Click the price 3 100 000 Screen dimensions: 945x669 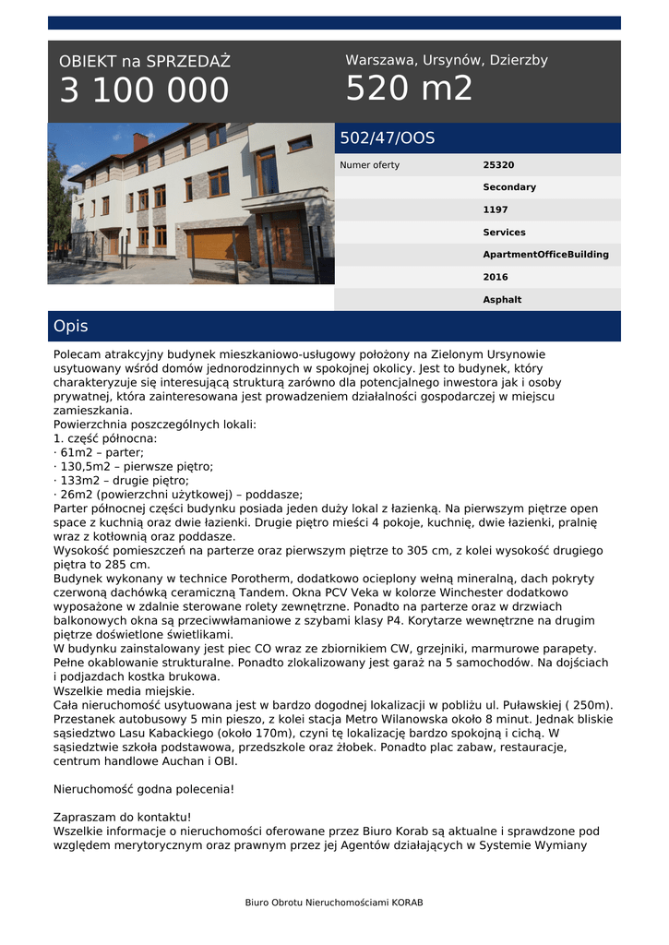click(x=144, y=90)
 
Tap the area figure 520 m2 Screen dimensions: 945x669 click(x=409, y=89)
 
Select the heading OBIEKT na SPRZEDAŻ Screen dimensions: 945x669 click(x=145, y=62)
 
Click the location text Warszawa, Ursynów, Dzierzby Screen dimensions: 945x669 click(x=447, y=60)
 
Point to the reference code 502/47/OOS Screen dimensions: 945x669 click(x=388, y=138)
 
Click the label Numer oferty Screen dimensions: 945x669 click(x=370, y=165)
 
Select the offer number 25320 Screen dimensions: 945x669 click(x=498, y=165)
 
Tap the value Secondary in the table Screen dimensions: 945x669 click(x=509, y=187)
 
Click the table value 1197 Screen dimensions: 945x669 click(x=496, y=210)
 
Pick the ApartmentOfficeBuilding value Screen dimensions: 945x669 click(x=545, y=255)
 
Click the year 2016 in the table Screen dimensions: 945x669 click(x=496, y=277)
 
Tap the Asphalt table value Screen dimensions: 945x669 click(x=502, y=300)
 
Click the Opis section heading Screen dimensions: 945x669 click(x=71, y=327)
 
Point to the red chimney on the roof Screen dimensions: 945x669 click(x=140, y=141)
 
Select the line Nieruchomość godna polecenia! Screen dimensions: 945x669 click(x=144, y=789)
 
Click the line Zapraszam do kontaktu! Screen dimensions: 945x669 click(x=123, y=817)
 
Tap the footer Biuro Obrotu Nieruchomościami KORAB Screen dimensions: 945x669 click(x=334, y=902)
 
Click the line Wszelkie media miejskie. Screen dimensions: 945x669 click(x=124, y=690)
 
